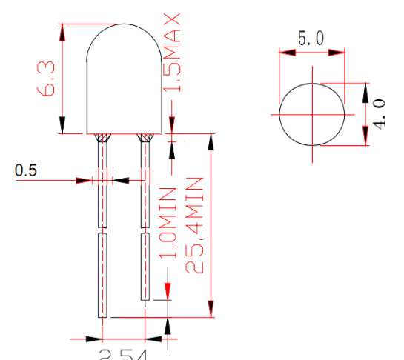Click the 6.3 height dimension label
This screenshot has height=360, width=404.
coord(47,79)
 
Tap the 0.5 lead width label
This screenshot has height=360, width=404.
coord(26,171)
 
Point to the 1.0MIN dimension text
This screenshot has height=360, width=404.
coord(168,222)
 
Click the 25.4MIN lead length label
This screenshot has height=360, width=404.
coord(194,225)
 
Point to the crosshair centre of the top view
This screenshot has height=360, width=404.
coord(312,115)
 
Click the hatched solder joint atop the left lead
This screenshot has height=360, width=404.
coord(102,137)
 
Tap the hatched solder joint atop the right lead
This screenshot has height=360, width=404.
coord(145,137)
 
